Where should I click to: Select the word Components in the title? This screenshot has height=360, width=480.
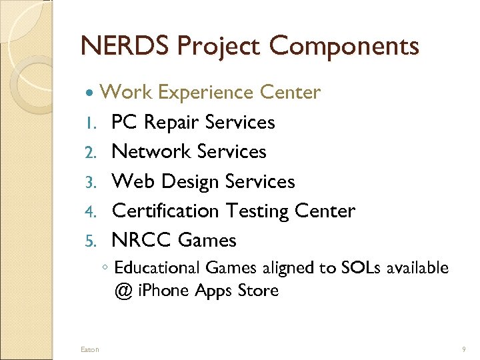[344, 46]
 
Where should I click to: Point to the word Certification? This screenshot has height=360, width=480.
[165, 211]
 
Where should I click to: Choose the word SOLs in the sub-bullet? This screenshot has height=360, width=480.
[361, 268]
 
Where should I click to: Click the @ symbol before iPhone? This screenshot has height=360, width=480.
[123, 291]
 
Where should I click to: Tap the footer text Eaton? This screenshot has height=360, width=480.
[89, 349]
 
